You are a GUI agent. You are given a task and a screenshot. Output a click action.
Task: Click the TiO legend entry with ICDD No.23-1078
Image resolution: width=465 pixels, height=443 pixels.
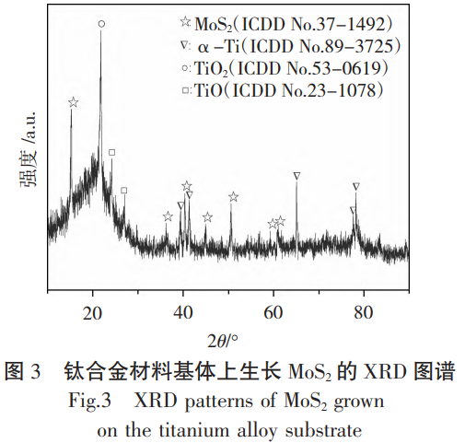282,90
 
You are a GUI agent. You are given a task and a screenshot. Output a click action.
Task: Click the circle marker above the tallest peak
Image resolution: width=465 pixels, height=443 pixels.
101,24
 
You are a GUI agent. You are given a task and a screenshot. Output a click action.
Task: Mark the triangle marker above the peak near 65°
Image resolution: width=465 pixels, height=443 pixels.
296,175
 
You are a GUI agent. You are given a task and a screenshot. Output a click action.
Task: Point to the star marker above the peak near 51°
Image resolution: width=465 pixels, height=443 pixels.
234,197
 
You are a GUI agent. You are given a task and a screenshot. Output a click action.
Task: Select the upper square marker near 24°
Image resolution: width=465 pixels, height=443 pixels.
111,152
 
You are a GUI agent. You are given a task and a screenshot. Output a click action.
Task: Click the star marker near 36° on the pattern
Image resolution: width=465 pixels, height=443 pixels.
168,216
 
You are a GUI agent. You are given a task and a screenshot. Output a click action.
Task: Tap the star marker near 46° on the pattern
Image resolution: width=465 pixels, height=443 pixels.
208,217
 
